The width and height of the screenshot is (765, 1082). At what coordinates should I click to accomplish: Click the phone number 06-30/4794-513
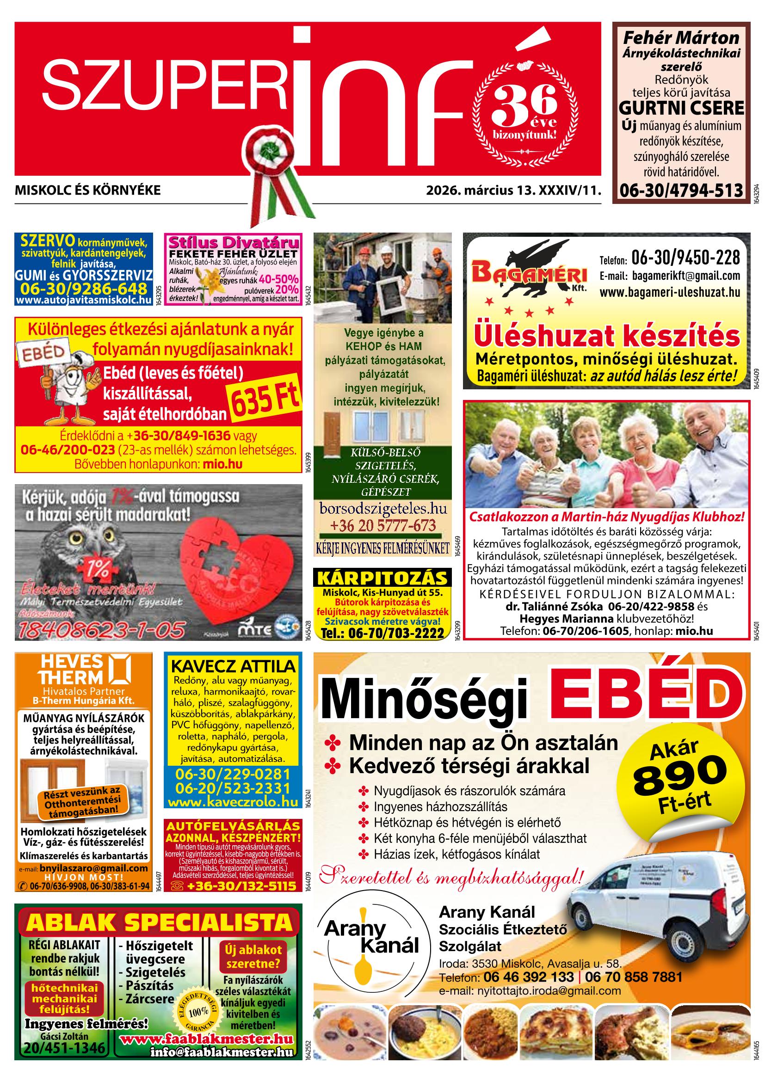681,190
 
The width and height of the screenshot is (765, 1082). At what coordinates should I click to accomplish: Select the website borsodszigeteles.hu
383,509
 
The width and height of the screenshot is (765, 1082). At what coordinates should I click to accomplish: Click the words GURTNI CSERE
681,108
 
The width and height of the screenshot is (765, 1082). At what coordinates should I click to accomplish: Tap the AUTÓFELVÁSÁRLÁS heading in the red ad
233,826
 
